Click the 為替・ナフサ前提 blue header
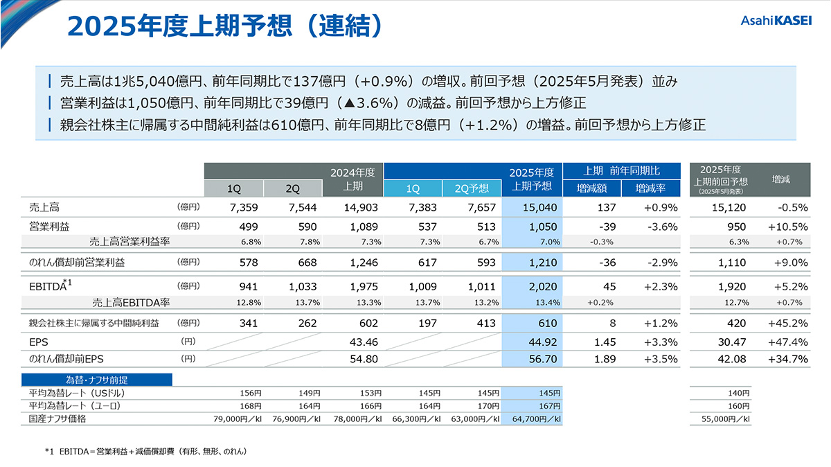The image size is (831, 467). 96,380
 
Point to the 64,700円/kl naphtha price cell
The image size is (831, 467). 533,419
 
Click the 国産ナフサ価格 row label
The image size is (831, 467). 54,419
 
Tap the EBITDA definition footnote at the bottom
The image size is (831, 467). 145,451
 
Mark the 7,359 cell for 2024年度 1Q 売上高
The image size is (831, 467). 233,207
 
